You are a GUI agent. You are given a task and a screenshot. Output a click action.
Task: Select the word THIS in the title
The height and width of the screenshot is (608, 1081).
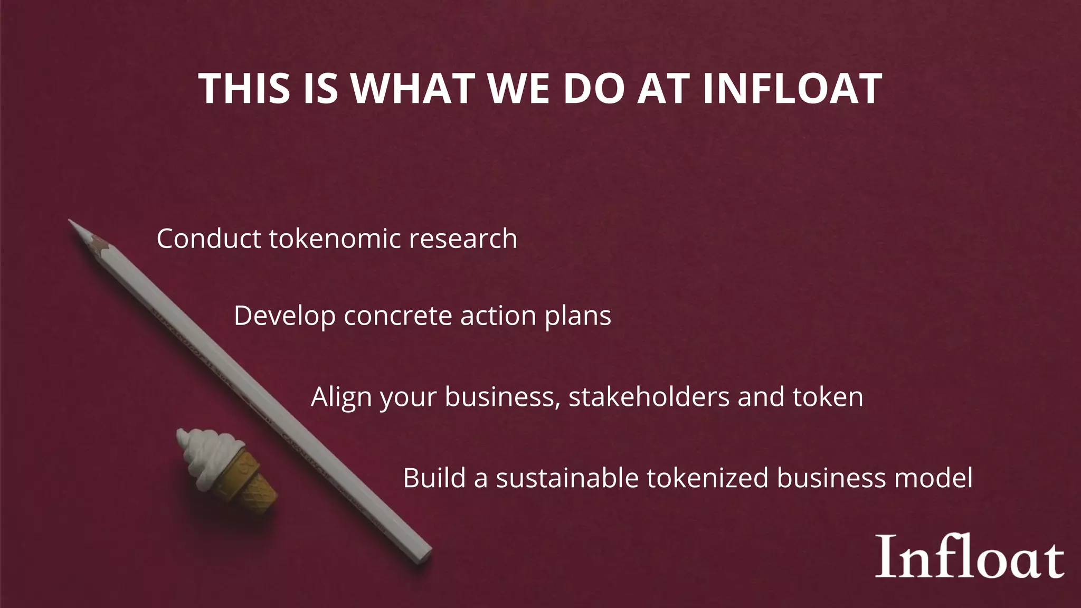tap(244, 88)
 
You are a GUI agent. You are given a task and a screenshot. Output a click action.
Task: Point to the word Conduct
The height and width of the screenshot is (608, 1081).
tap(209, 239)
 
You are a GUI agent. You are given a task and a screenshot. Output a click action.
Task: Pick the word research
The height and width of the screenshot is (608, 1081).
tap(463, 239)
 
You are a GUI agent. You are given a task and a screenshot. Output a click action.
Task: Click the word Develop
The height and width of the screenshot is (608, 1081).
tap(285, 316)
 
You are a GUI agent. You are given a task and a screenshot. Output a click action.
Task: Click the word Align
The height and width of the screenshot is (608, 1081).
tap(342, 397)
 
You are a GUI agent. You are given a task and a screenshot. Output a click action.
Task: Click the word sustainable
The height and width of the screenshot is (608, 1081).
tap(567, 478)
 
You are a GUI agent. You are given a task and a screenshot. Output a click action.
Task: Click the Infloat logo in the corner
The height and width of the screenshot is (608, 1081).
tap(970, 557)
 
